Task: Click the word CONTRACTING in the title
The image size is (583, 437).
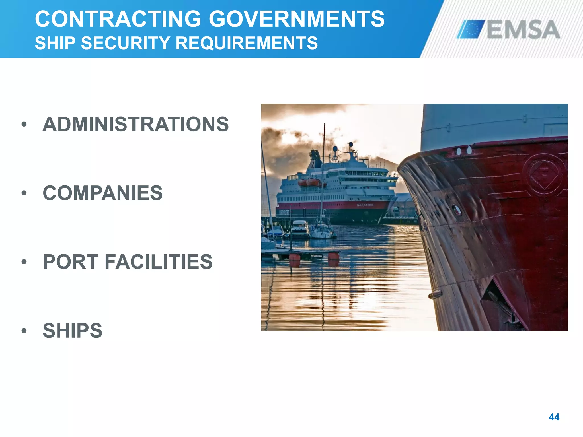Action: (118, 19)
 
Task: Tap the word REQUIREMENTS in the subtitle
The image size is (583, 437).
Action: (247, 43)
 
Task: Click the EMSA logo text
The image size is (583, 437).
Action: (523, 30)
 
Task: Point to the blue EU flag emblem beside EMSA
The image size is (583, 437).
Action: (471, 29)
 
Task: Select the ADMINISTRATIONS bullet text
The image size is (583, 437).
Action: (136, 124)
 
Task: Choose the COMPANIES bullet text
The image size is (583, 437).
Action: (102, 193)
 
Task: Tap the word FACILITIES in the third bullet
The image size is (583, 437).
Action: (159, 262)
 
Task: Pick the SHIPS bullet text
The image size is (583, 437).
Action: (72, 331)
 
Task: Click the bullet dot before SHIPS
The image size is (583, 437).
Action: (24, 331)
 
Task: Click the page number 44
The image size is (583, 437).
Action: (554, 417)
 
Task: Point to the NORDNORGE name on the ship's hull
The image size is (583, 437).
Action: (365, 205)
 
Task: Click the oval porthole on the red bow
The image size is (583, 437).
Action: (457, 210)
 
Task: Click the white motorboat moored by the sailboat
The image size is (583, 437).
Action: (300, 229)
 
